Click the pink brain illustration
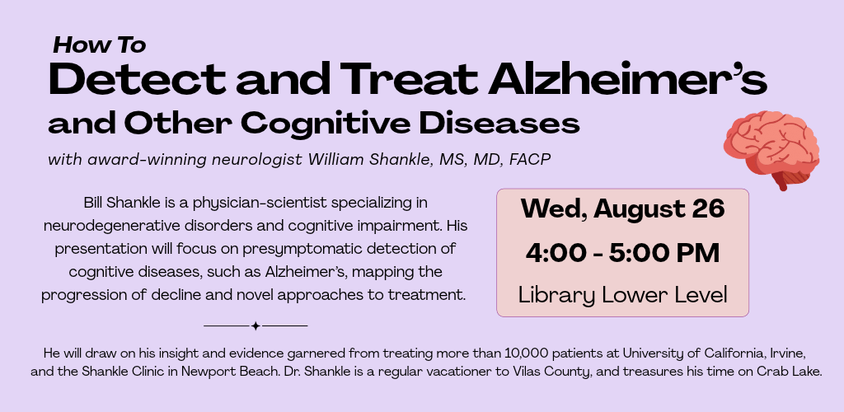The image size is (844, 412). (771, 149)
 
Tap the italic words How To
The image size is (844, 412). (100, 45)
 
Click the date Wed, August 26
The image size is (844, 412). (623, 208)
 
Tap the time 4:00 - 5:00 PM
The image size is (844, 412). (623, 253)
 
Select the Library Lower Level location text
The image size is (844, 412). (623, 295)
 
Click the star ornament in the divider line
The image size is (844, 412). (256, 326)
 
